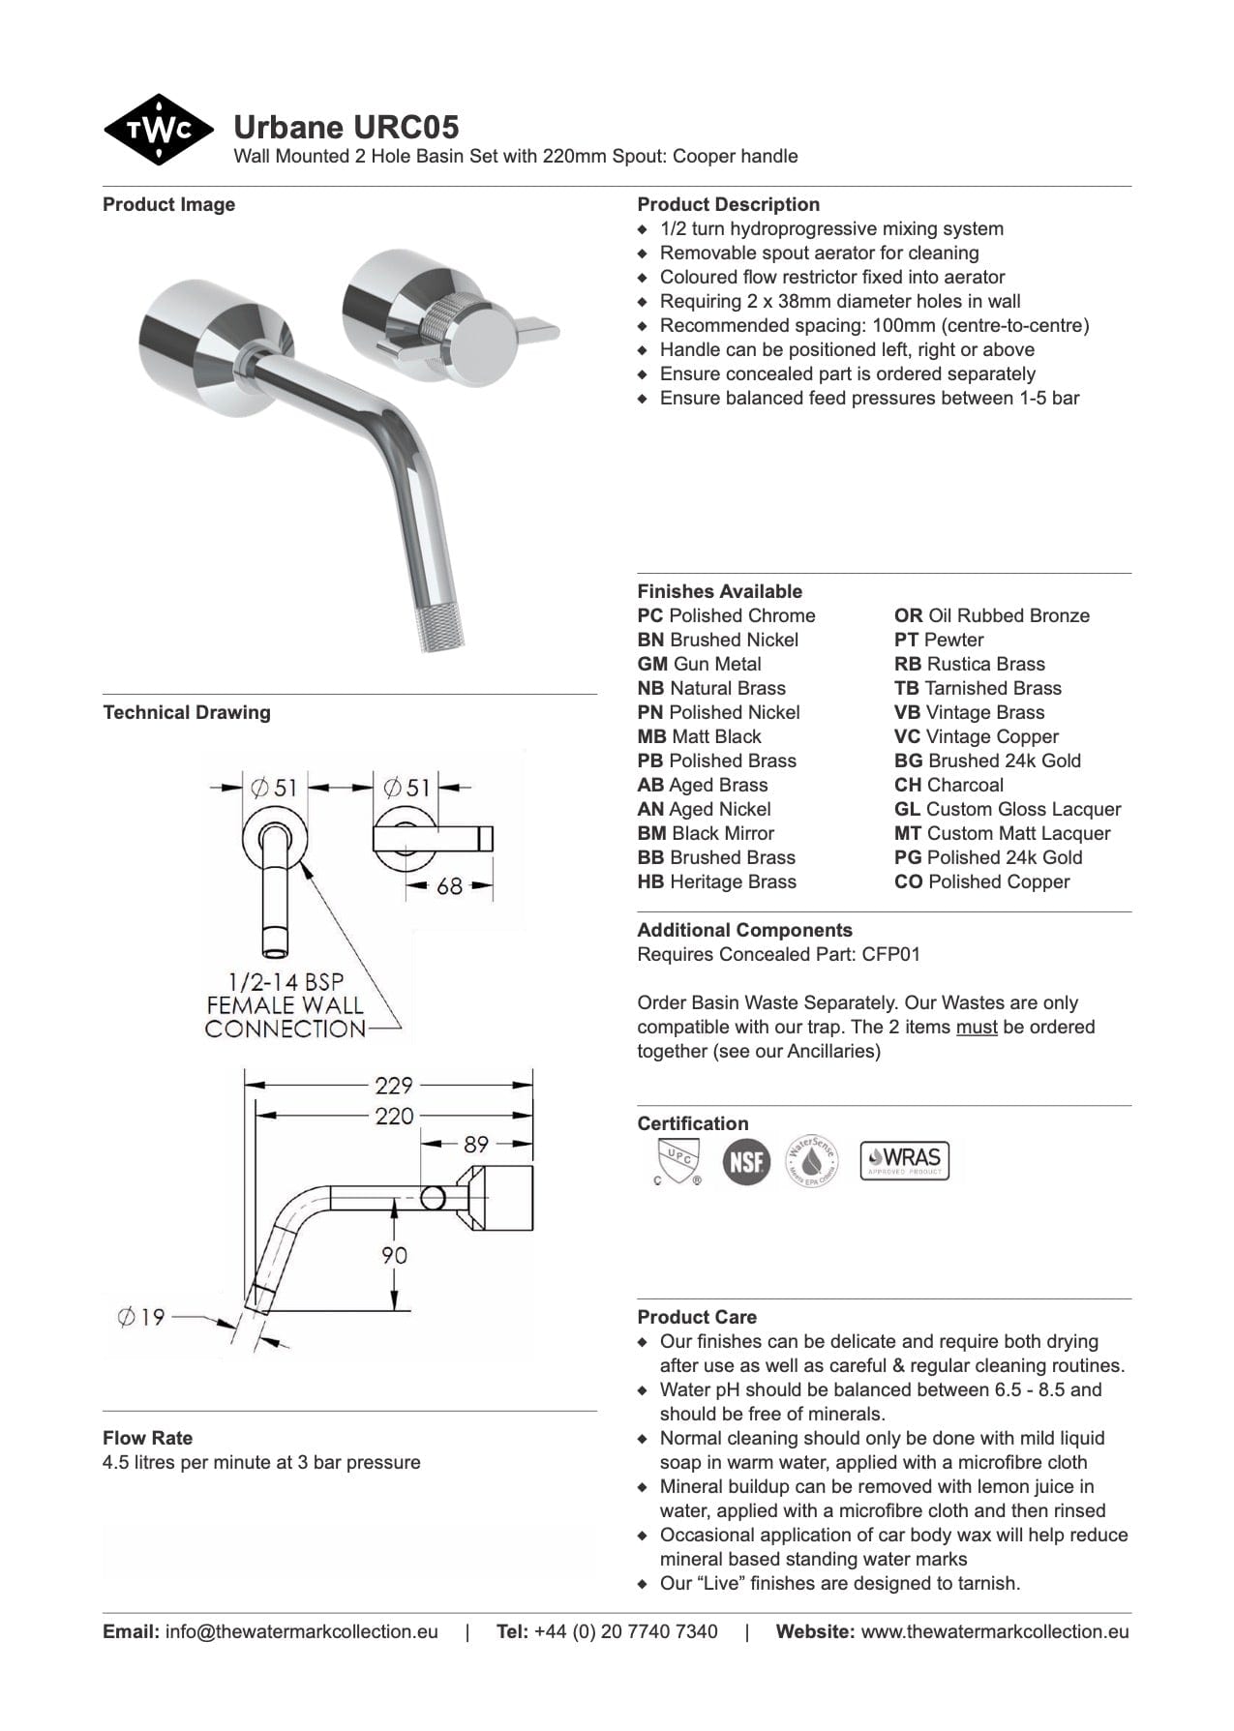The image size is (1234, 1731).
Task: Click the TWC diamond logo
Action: (158, 130)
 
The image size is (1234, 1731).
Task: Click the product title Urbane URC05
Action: (346, 128)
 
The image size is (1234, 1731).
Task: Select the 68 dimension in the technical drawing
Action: (449, 885)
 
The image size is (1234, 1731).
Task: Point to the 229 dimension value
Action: (394, 1086)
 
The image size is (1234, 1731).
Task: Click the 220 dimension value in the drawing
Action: (394, 1116)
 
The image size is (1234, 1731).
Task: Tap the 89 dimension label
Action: (476, 1145)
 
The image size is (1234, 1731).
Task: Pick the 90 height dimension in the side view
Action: (394, 1255)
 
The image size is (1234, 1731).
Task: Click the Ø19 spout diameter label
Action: (141, 1317)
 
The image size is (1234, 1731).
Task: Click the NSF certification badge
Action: (746, 1161)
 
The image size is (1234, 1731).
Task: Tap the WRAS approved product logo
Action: (905, 1160)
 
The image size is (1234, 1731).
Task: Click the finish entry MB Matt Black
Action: (699, 736)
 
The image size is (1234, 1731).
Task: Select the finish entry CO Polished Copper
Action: (981, 881)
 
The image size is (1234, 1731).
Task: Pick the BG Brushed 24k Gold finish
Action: (987, 761)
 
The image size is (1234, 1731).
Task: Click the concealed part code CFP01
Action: (890, 954)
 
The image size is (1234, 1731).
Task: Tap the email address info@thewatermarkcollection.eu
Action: (301, 1631)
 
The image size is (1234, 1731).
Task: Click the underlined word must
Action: (977, 1027)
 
